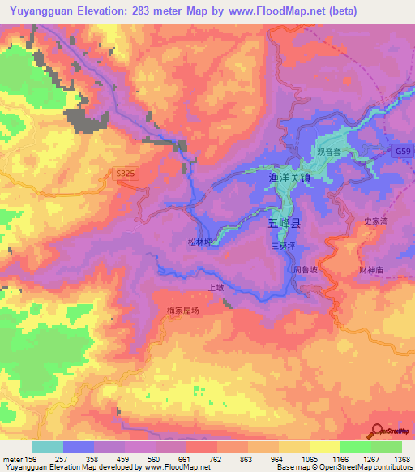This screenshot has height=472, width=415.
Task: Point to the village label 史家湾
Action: (374, 220)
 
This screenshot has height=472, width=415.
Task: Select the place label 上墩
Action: (216, 287)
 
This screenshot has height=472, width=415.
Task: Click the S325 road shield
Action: (123, 172)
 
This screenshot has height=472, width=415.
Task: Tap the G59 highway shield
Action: (404, 152)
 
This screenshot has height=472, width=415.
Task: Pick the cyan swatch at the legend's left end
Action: (48, 447)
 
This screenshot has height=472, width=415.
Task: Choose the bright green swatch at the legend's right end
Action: (387, 447)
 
